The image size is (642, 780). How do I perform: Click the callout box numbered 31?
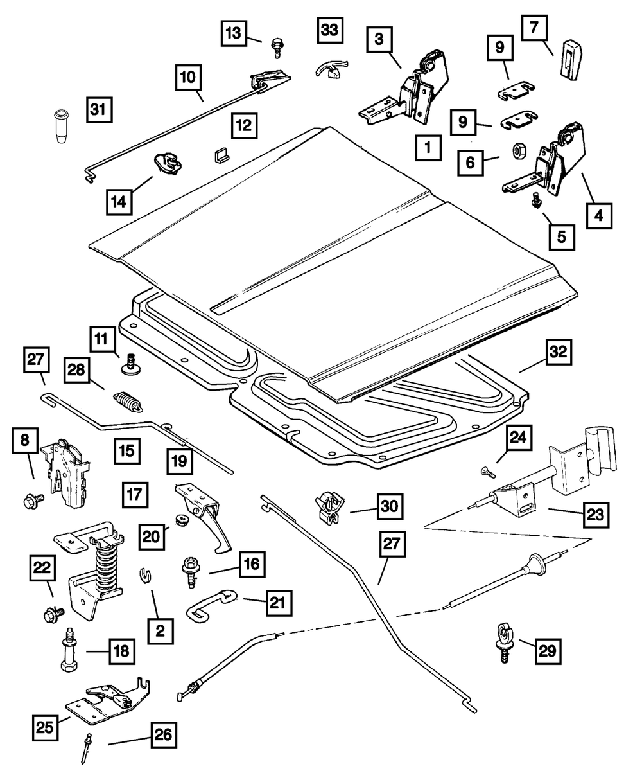click(98, 111)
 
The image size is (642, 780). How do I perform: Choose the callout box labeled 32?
click(559, 353)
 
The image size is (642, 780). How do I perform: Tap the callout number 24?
click(517, 438)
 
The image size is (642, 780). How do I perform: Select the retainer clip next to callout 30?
click(329, 505)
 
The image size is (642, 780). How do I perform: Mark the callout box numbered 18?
click(121, 651)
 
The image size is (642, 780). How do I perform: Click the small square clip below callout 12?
click(221, 155)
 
